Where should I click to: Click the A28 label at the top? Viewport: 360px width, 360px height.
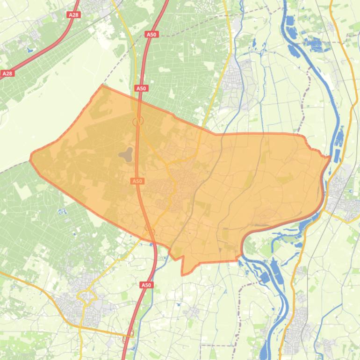pyautogui.click(x=74, y=15)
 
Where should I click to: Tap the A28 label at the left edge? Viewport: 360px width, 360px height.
pyautogui.click(x=7, y=73)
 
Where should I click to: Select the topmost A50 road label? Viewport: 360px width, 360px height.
pyautogui.click(x=152, y=35)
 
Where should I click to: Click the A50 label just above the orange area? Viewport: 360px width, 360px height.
pyautogui.click(x=141, y=88)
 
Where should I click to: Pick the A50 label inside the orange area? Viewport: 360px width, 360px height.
pyautogui.click(x=137, y=181)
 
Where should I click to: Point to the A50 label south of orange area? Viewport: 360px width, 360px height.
pyautogui.click(x=146, y=285)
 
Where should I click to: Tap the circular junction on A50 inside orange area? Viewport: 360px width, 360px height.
pyautogui.click(x=138, y=121)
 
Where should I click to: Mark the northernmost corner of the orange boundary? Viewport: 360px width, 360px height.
pyautogui.click(x=102, y=86)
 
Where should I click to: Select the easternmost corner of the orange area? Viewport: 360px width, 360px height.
pyautogui.click(x=330, y=158)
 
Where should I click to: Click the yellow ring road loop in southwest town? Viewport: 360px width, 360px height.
pyautogui.click(x=86, y=296)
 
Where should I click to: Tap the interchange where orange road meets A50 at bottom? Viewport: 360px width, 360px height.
pyautogui.click(x=129, y=334)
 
